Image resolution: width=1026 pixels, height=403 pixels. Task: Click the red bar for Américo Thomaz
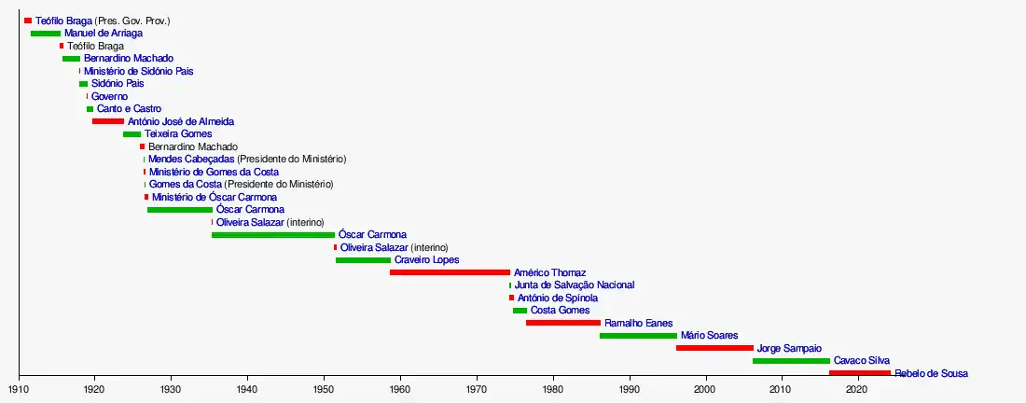pyautogui.click(x=450, y=272)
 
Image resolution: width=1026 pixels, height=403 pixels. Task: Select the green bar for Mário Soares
pyautogui.click(x=638, y=335)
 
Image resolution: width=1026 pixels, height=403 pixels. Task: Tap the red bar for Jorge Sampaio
pyautogui.click(x=714, y=348)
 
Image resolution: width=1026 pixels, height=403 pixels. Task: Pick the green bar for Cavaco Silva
pyautogui.click(x=791, y=360)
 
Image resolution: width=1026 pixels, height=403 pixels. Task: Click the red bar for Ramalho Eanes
pyautogui.click(x=563, y=323)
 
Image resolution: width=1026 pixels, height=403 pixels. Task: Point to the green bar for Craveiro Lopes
pyautogui.click(x=363, y=260)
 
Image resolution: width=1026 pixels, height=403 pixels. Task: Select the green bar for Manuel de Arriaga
pyautogui.click(x=46, y=34)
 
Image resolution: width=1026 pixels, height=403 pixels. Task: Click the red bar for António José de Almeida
pyautogui.click(x=108, y=121)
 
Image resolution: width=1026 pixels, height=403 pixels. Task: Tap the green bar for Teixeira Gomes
pyautogui.click(x=132, y=134)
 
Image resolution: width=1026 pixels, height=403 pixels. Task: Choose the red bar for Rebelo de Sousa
pyautogui.click(x=859, y=373)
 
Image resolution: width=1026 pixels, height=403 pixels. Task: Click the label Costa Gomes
pyautogui.click(x=560, y=311)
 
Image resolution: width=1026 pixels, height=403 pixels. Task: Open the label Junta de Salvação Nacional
pyautogui.click(x=575, y=285)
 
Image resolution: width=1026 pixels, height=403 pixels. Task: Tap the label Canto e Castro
pyautogui.click(x=129, y=109)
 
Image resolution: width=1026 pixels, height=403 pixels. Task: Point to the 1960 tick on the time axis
pyautogui.click(x=400, y=379)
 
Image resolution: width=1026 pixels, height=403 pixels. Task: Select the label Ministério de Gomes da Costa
pyautogui.click(x=214, y=172)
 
